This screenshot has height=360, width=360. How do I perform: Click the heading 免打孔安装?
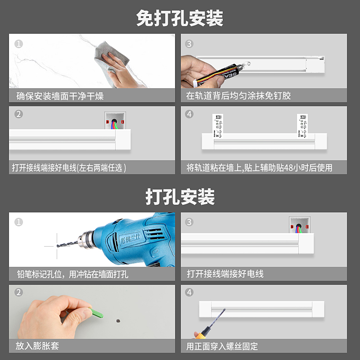pyautogui.click(x=180, y=18)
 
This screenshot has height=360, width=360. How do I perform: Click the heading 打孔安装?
pyautogui.click(x=180, y=197)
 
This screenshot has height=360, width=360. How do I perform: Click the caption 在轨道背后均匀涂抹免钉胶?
pyautogui.click(x=238, y=96)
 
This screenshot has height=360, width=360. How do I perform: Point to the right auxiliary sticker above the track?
pyautogui.click(x=303, y=124)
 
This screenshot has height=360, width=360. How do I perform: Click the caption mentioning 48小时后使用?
pyautogui.click(x=259, y=168)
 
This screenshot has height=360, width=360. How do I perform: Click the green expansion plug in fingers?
pyautogui.click(x=95, y=312)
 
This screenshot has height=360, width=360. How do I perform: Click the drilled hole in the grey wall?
pyautogui.click(x=118, y=321)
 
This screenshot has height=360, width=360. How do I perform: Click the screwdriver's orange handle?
pyautogui.click(x=198, y=335)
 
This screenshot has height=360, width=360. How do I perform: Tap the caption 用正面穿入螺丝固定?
pyautogui.click(x=222, y=346)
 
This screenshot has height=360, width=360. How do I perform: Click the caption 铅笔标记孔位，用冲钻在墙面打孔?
pyautogui.click(x=72, y=274)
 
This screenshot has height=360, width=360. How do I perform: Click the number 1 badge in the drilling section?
pyautogui.click(x=18, y=222)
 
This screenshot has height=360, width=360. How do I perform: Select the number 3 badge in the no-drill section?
pyautogui.click(x=189, y=44)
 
